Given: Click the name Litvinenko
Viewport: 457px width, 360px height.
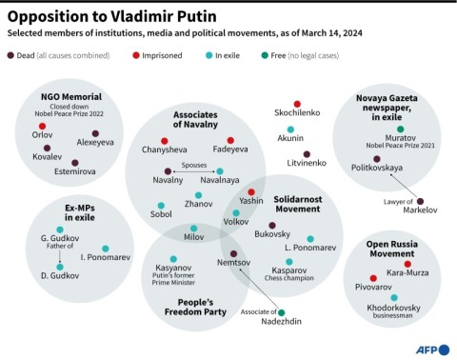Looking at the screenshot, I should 307,164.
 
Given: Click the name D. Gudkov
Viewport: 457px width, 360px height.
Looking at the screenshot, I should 59,277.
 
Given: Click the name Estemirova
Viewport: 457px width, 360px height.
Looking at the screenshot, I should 73,173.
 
